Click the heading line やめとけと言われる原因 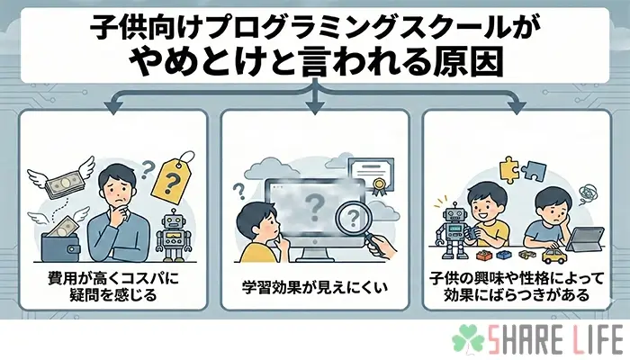click(315, 61)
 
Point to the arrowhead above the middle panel click(314, 109)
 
